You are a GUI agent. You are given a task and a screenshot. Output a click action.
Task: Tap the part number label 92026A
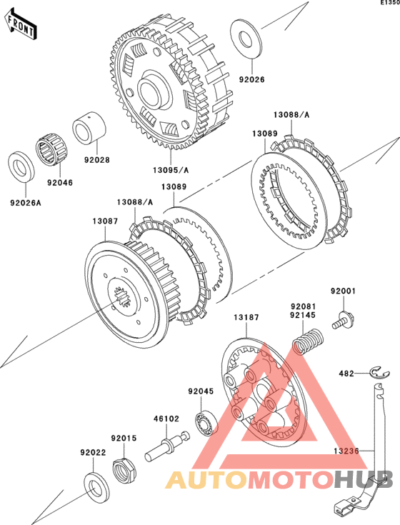click(x=26, y=203)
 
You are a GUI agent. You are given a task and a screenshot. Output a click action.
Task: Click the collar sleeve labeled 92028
click(x=89, y=128)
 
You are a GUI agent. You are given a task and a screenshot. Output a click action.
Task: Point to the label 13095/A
click(x=171, y=170)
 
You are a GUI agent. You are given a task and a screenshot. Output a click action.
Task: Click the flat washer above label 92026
click(x=246, y=39)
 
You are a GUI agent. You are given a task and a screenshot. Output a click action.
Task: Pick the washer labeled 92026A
click(x=21, y=166)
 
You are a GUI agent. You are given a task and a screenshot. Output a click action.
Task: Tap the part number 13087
click(x=106, y=221)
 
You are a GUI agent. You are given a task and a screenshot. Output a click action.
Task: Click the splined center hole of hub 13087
click(x=122, y=297)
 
